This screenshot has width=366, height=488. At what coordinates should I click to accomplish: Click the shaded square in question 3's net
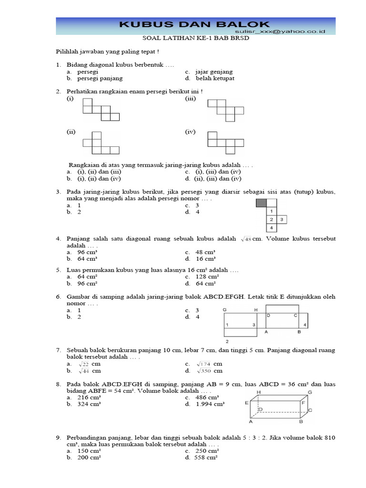pos(261,203)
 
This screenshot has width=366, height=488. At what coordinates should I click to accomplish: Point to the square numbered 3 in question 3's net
pos(282,220)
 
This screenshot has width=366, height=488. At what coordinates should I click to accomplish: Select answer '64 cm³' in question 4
pos(88,259)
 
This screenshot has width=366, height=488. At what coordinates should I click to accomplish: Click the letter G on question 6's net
pos(224,310)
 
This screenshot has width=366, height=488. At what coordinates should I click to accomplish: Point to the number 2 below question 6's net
pos(227,342)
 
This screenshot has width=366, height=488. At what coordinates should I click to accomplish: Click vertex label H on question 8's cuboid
pos(259,392)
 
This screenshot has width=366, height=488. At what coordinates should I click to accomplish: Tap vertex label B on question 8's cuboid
pos(301,422)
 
